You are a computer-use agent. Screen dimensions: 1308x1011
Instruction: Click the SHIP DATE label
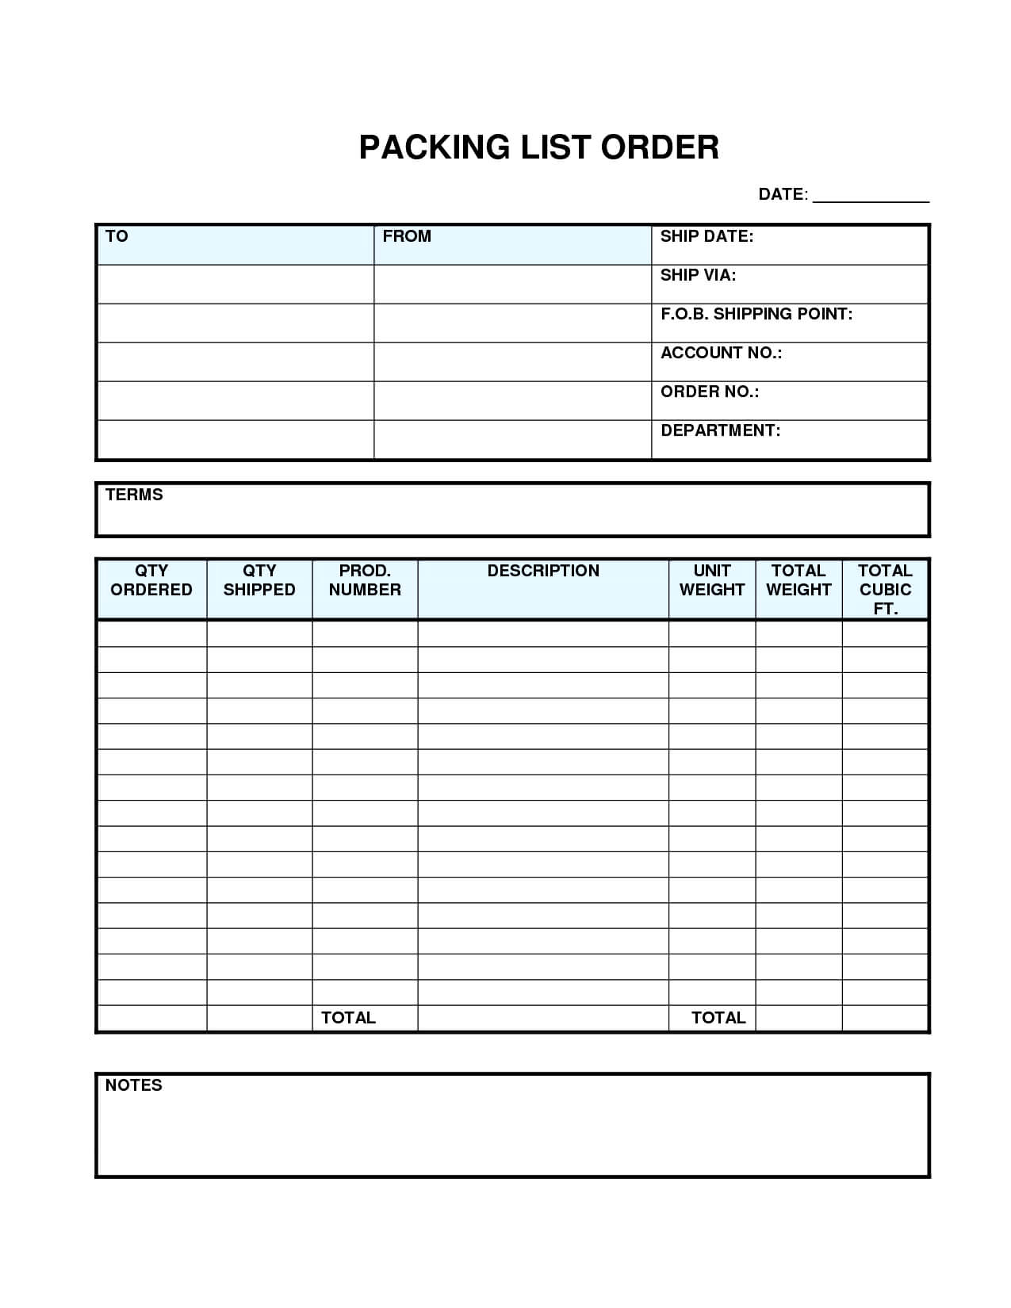[707, 236]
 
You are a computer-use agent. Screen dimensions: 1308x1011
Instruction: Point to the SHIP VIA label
[698, 275]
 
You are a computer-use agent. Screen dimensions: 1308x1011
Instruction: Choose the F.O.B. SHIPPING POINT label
[756, 314]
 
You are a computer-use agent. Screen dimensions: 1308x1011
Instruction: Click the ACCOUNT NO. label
[721, 353]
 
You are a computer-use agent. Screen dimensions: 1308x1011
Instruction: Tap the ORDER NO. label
[710, 392]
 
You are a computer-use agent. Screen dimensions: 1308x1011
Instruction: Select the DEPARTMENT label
[720, 430]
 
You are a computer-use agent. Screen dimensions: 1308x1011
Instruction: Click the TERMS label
[134, 495]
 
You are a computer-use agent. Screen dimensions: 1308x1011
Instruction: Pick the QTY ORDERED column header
[151, 580]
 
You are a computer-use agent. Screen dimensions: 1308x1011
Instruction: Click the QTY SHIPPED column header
[259, 580]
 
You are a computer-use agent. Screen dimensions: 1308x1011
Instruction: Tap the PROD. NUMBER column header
[365, 580]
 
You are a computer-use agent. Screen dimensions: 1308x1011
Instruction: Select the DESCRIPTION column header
[543, 571]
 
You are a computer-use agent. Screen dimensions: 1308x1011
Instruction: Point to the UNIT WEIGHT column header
[712, 580]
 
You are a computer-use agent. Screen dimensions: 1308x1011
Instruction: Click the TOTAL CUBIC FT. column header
[885, 589]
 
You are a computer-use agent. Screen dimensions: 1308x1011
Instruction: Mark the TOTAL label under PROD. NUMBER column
[348, 1018]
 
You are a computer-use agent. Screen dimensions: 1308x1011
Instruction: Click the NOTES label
[133, 1085]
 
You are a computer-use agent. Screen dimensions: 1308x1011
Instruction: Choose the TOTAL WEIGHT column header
[798, 580]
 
